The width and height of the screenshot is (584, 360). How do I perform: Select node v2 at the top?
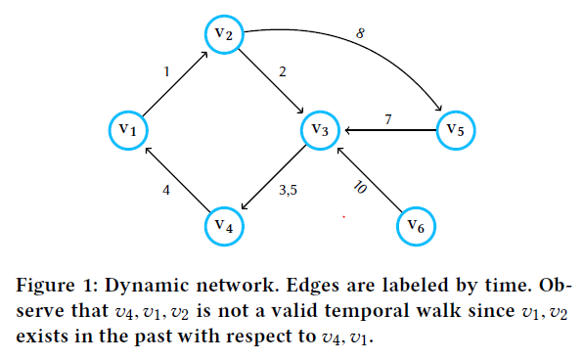pos(223,35)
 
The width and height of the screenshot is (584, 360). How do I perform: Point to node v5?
pos(455,128)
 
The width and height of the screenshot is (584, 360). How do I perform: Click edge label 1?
pos(167,71)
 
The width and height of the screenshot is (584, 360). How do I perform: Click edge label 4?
pos(167,191)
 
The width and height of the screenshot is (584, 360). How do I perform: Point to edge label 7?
pos(387,118)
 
